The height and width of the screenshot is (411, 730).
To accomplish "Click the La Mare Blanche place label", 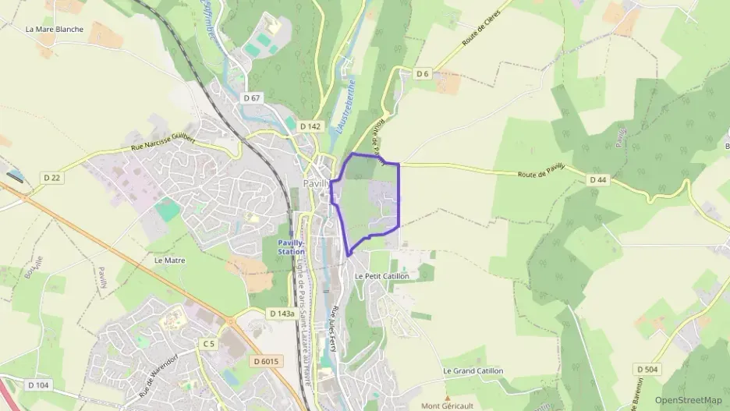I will point(54,30).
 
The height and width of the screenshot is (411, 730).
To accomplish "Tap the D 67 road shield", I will point(251,98).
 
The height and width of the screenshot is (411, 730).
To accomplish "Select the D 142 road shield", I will point(310,126).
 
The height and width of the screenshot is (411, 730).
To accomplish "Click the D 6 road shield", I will point(423,74).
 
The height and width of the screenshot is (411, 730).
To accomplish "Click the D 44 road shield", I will point(598,180).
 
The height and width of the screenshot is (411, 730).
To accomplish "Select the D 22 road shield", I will point(52,178).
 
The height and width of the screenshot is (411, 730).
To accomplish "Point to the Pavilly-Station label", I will point(292,247).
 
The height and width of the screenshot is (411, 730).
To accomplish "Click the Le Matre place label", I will point(170,260).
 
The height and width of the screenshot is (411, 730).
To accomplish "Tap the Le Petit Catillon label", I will point(381,276).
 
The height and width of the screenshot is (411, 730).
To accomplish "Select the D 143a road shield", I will point(282,314).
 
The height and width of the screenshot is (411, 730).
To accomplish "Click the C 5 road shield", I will point(207,344).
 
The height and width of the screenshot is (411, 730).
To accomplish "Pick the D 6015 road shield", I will point(266,361).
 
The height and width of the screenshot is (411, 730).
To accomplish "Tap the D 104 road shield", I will point(38,385).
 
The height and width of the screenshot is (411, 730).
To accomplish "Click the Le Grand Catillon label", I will point(473,371).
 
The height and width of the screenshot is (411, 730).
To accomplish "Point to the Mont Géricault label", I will point(447,406).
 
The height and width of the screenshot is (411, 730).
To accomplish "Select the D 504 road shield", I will point(647,369).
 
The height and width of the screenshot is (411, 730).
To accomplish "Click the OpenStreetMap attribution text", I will point(689,400).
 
